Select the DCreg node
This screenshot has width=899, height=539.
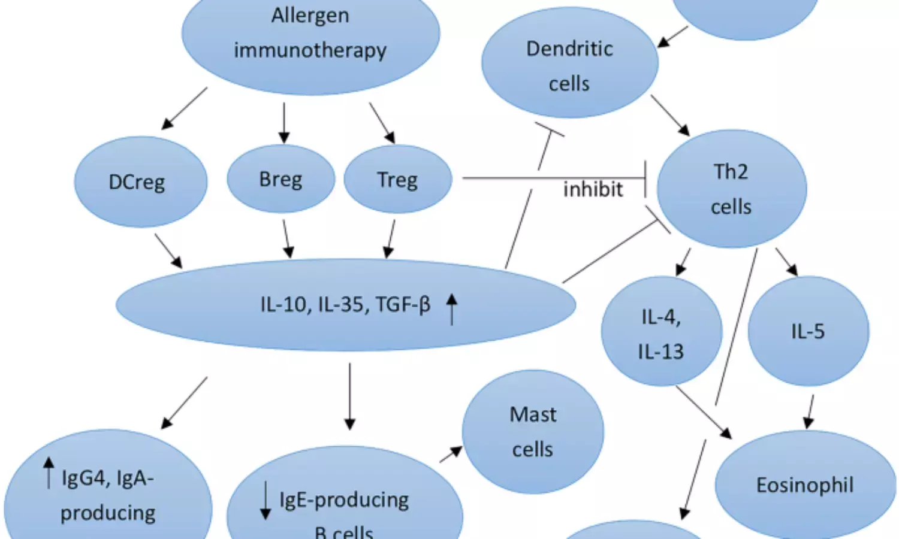click(140, 182)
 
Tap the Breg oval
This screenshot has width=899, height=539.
click(280, 179)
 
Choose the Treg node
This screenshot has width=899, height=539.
click(397, 180)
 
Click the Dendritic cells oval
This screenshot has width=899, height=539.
click(569, 63)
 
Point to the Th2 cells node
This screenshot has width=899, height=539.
click(731, 189)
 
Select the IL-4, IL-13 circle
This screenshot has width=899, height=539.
click(661, 332)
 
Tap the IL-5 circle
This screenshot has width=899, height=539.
click(808, 331)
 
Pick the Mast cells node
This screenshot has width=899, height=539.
click(533, 431)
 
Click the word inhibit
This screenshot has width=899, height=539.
click(593, 189)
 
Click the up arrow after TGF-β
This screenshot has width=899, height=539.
click(452, 308)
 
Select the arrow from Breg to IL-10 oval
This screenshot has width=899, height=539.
click(287, 238)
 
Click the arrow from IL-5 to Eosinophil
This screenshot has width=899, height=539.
click(810, 411)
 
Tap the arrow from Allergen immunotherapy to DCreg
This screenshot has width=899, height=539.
click(185, 108)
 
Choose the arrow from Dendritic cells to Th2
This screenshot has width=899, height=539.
click(670, 115)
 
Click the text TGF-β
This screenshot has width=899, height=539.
click(403, 305)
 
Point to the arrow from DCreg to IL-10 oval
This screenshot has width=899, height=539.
click(168, 250)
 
